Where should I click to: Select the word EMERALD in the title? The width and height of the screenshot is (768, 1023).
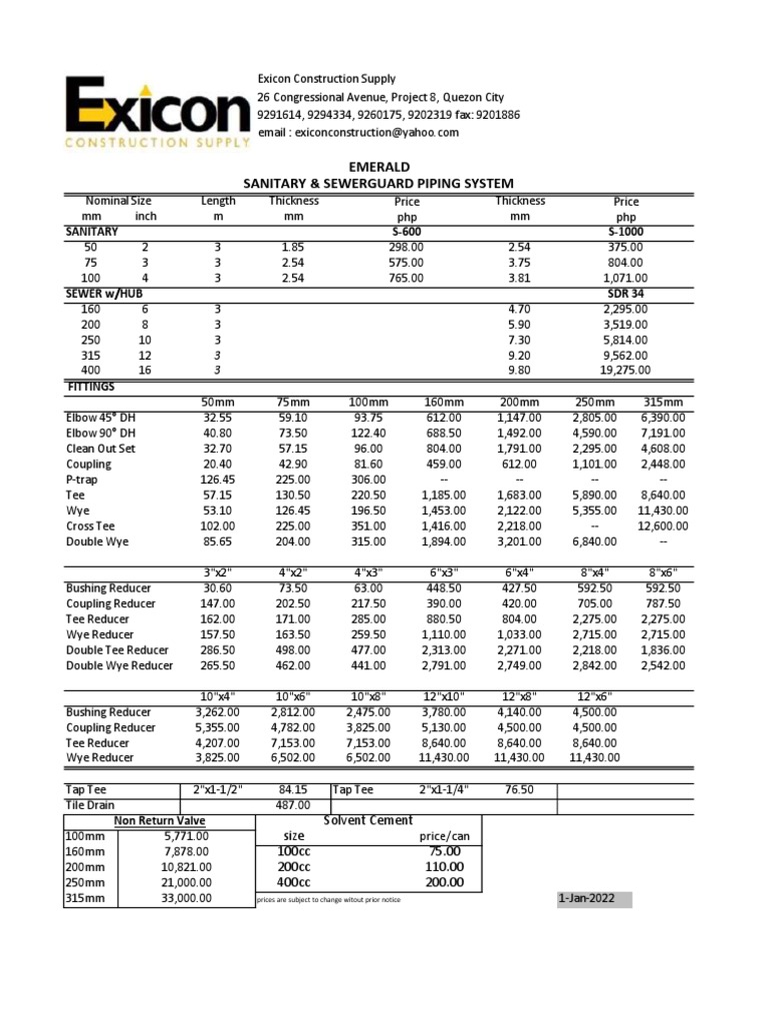coord(378,167)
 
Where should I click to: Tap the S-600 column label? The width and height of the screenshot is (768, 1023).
coord(407,231)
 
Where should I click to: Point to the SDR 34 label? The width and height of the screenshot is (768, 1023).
coord(626,295)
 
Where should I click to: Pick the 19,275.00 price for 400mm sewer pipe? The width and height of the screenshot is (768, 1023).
coord(624,372)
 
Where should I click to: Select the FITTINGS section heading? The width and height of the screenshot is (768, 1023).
coord(90,386)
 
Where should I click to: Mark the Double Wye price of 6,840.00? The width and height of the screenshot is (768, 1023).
coord(598,541)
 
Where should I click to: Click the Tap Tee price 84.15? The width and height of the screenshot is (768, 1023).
coord(290,789)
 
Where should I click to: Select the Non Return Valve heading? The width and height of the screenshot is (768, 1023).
coord(159,821)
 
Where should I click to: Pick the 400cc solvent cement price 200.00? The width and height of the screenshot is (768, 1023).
coord(443,882)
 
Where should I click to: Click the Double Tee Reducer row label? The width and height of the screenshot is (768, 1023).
coord(117,649)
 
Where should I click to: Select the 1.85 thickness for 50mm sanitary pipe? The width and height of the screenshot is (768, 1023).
coord(293,247)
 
